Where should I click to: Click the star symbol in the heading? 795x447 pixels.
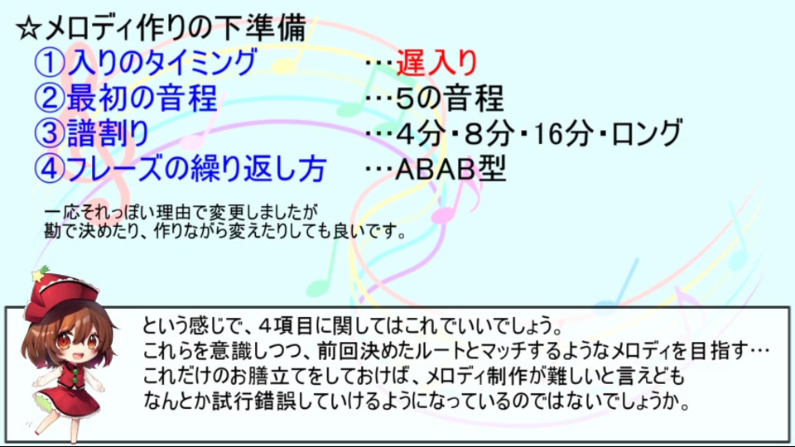(x=29, y=28)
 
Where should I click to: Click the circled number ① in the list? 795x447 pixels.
(x=50, y=62)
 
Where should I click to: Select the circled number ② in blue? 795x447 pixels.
(x=50, y=98)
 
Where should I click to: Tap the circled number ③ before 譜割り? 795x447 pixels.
(x=50, y=133)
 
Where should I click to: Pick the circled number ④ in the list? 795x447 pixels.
(x=50, y=169)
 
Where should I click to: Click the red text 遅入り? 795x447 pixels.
(x=436, y=62)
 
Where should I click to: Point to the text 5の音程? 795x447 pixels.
(x=449, y=98)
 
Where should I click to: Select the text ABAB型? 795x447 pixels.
(x=450, y=169)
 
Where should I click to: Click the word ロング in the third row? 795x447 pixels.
(x=647, y=133)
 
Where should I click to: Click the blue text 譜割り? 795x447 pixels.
(x=108, y=133)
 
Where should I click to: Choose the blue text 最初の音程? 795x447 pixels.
(x=142, y=98)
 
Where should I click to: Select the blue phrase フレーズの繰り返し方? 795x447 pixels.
(x=196, y=169)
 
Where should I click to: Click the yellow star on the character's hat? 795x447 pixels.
(x=38, y=276)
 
